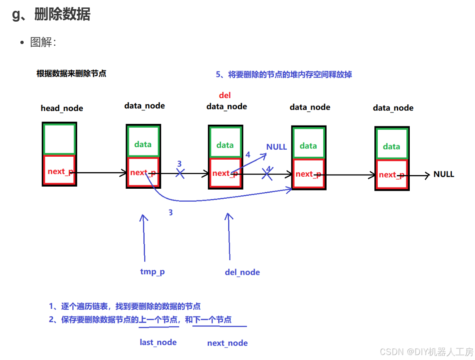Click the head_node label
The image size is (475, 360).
pos(62,108)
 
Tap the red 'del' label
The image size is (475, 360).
pos(225,96)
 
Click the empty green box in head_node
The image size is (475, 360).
pos(59,140)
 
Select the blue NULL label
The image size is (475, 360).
pos(276,147)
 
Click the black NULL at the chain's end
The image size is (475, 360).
pos(443,174)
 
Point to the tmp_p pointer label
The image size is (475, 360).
pos(153,272)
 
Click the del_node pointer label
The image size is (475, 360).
pos(242,272)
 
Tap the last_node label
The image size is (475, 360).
pos(158,342)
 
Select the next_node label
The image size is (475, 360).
pos(227,343)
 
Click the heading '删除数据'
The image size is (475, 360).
pos(62,15)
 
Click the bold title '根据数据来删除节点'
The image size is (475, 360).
pos(71,74)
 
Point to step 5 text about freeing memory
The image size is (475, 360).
pos(284,74)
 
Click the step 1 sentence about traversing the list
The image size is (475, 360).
pos(125,306)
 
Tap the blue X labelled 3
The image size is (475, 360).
pos(180,173)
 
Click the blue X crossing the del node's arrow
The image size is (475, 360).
pos(267,174)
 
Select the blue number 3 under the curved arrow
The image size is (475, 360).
pos(170,212)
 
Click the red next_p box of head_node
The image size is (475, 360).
pos(59,170)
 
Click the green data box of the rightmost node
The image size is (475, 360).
pos(391,144)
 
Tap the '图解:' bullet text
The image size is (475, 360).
pos(43,42)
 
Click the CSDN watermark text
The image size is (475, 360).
pos(427,352)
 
